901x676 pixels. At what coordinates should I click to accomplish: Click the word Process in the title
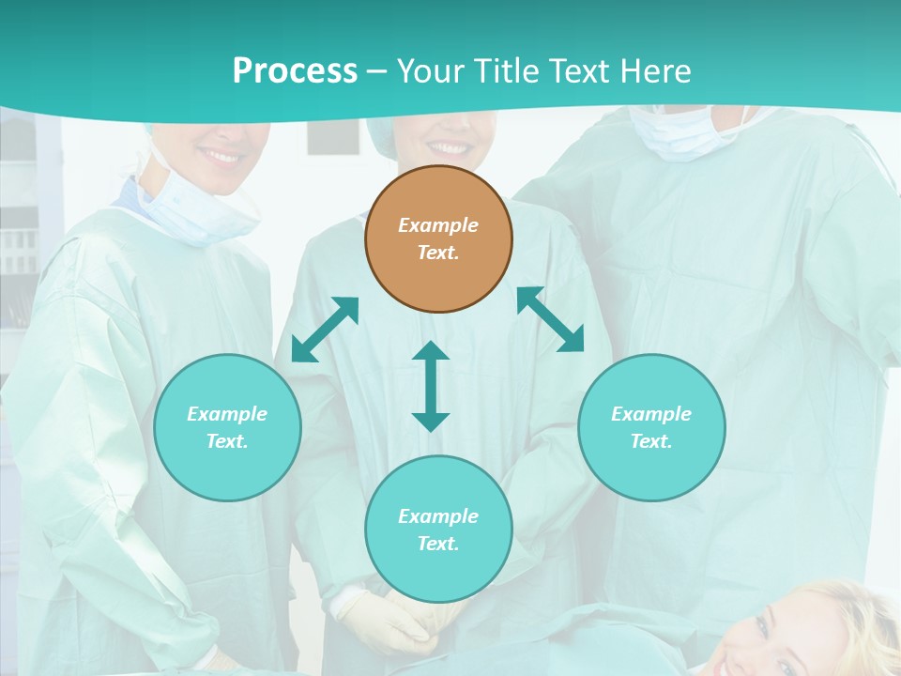295,70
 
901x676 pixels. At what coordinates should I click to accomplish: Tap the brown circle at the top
438,238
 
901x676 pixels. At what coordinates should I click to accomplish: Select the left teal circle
227,427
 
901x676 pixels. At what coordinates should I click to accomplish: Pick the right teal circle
651,427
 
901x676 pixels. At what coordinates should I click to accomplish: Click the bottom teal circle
438,530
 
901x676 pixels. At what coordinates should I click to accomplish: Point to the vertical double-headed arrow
431,386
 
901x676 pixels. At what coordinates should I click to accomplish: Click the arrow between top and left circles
325,330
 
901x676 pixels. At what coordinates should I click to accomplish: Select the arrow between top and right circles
550,319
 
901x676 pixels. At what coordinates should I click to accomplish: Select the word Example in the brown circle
438,225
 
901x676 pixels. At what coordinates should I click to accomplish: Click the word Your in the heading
429,70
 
